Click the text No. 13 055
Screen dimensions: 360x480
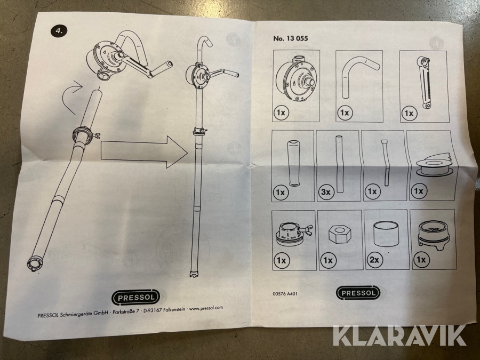pos(290,38)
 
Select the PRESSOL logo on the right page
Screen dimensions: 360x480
pos(358,293)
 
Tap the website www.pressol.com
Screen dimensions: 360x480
pos(205,308)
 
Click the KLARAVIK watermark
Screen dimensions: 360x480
pos(400,335)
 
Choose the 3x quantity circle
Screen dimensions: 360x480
pos(327,191)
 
